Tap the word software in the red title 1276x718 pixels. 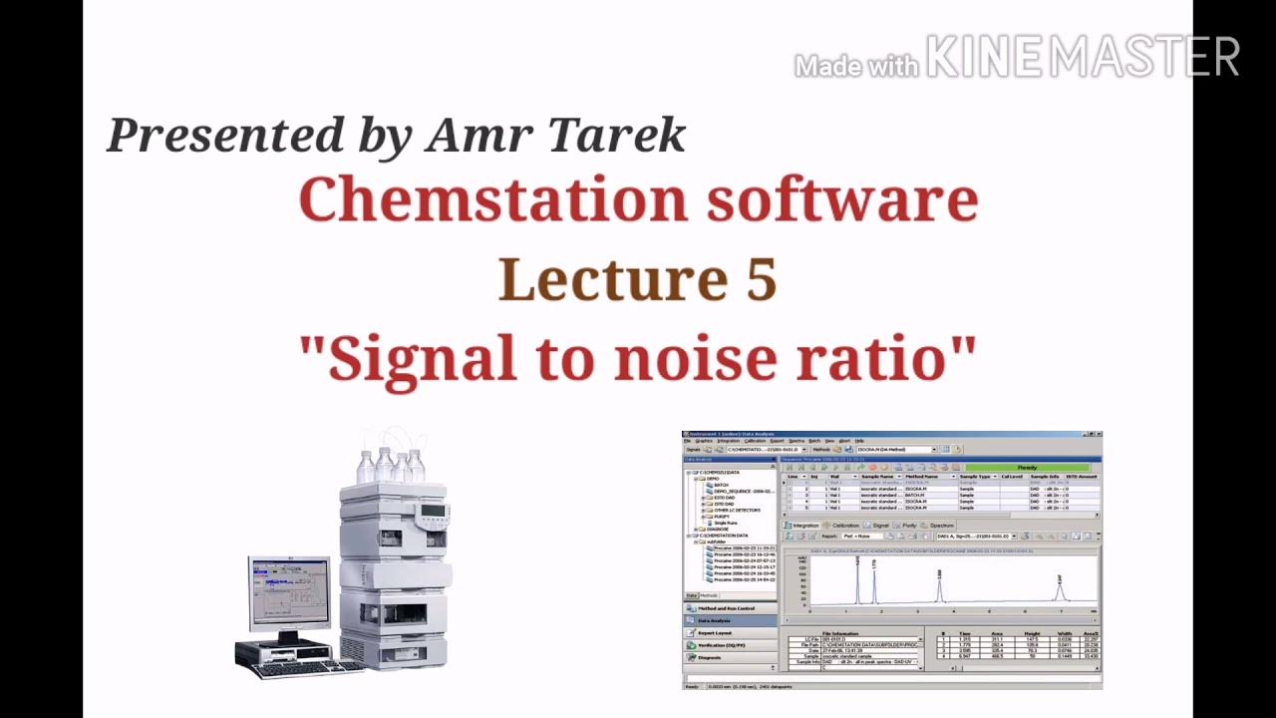click(842, 200)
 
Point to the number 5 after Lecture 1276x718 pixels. click(760, 279)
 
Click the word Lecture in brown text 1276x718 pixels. click(613, 279)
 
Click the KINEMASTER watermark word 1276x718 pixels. click(1083, 58)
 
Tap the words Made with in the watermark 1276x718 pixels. click(855, 67)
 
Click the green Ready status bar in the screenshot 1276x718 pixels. click(1026, 467)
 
